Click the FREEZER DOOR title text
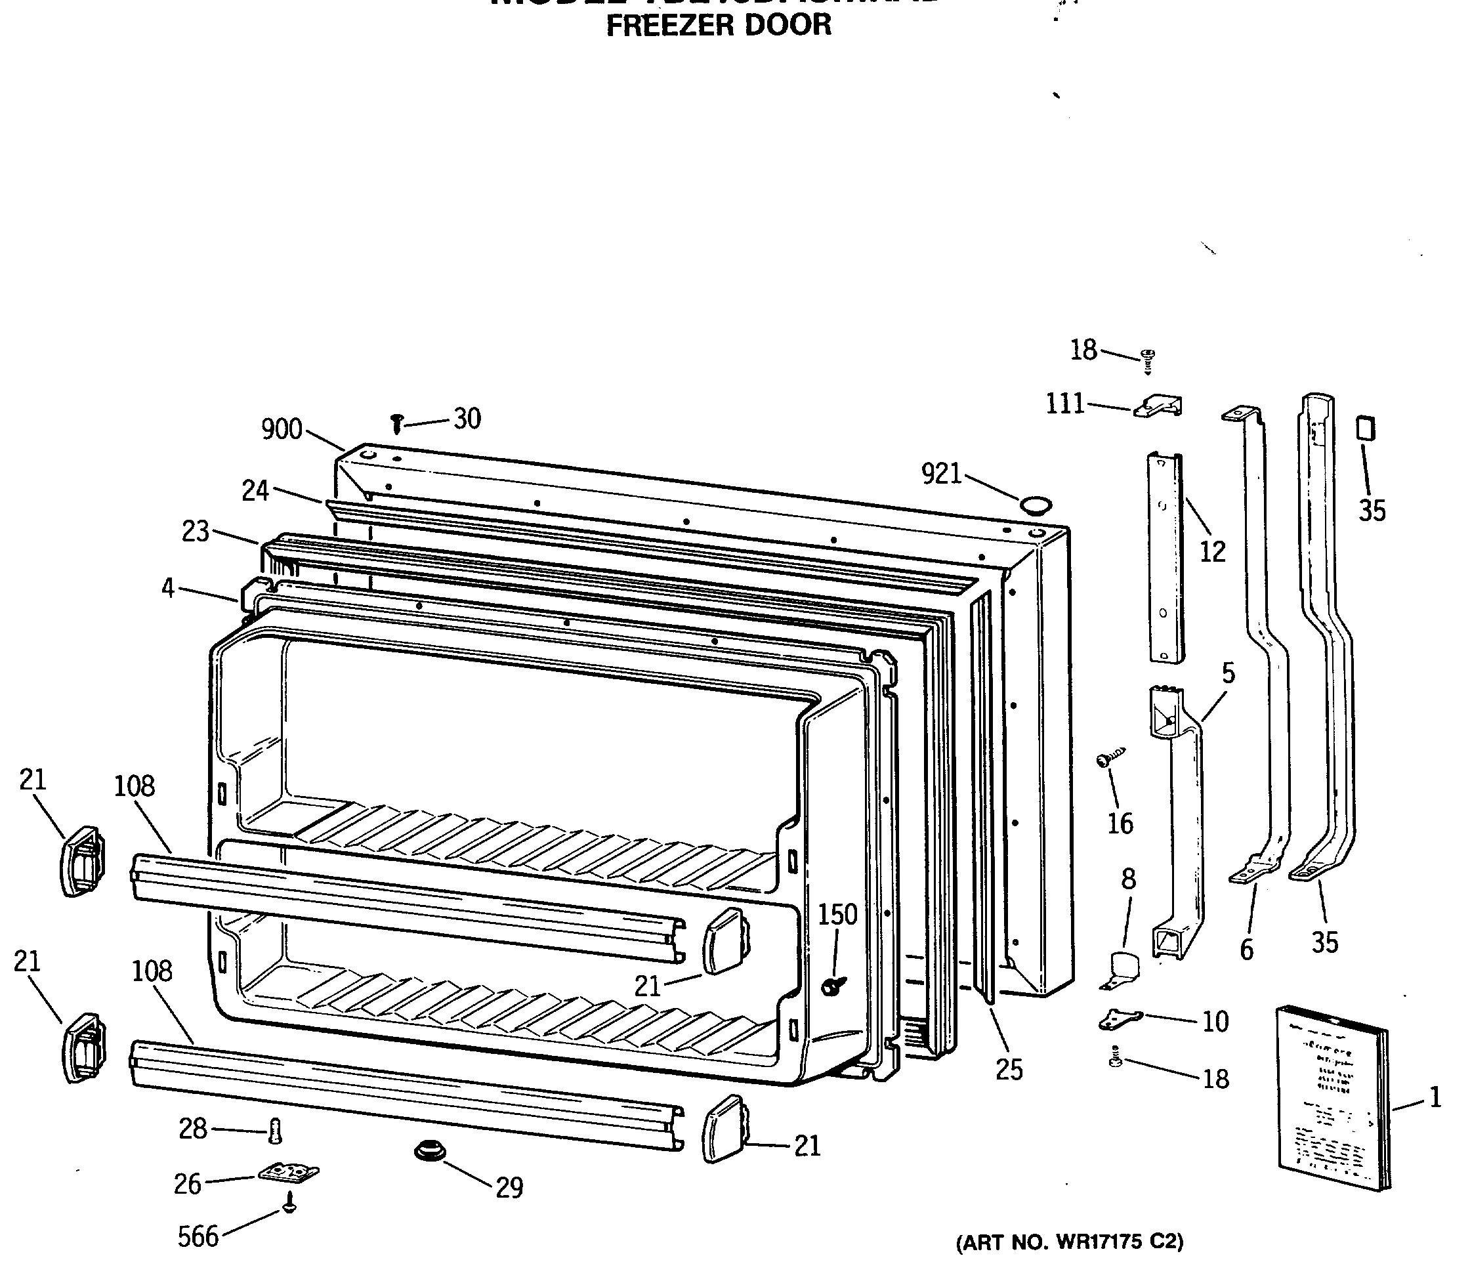(x=719, y=26)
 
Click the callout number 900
(x=282, y=430)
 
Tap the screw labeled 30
(x=397, y=424)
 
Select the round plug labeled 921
(x=1036, y=506)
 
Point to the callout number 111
(x=1065, y=405)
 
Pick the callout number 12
(x=1213, y=551)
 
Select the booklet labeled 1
(x=1332, y=1099)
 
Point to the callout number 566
(x=198, y=1236)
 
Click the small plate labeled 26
(x=288, y=1172)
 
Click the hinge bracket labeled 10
(x=1119, y=1019)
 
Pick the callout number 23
(x=195, y=531)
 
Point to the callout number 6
(x=1246, y=950)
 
